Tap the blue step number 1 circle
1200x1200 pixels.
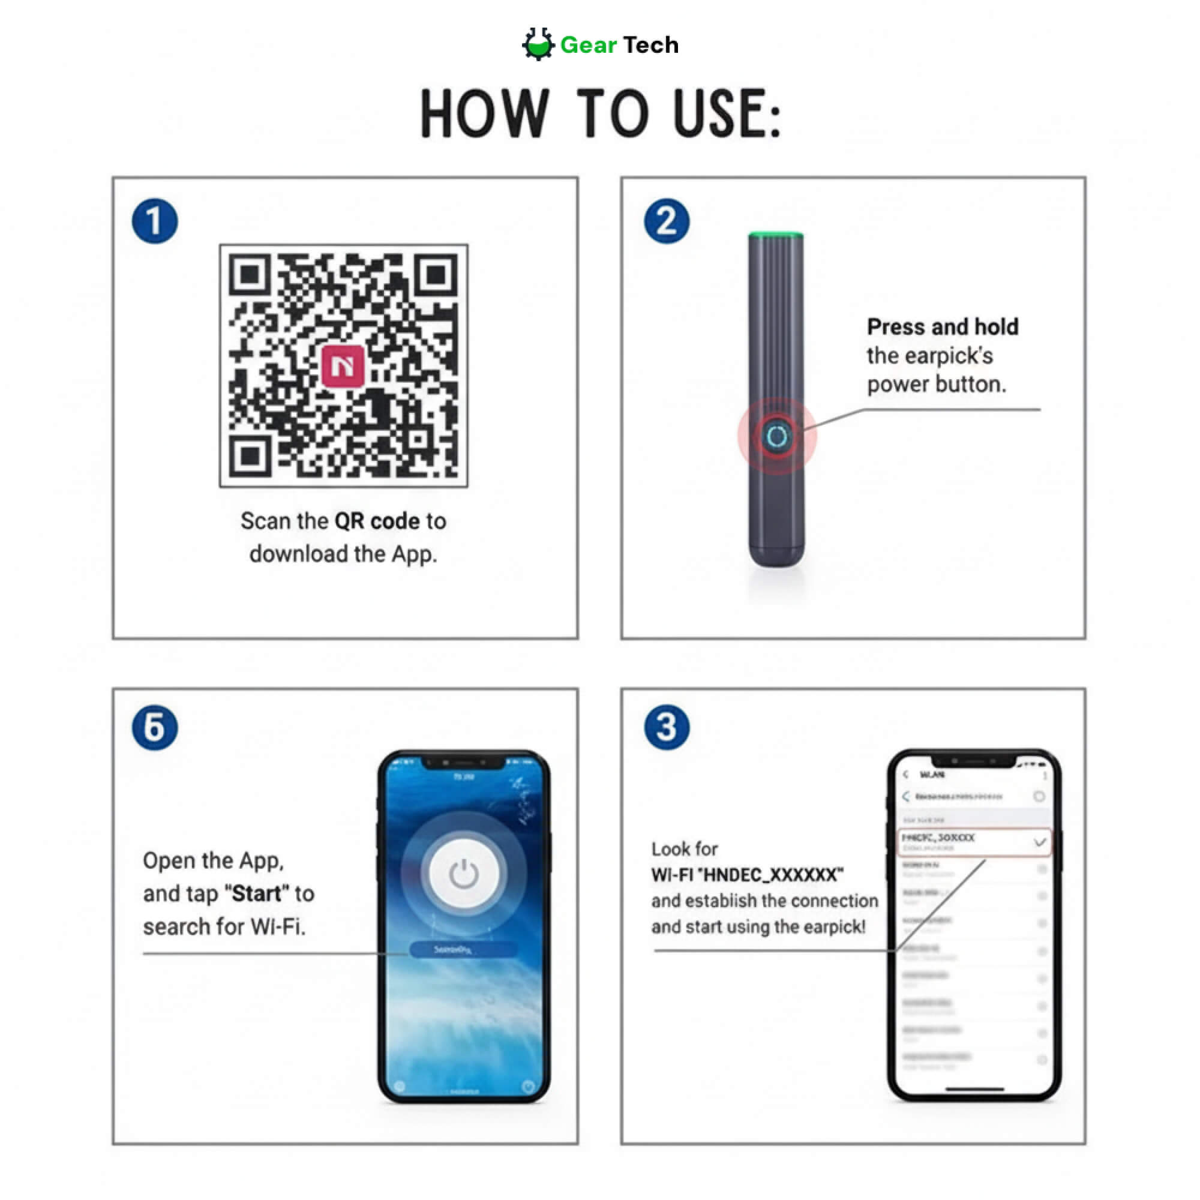point(155,221)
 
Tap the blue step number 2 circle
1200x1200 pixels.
point(667,221)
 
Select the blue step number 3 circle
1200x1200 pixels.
point(667,727)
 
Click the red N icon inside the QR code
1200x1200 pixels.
point(343,366)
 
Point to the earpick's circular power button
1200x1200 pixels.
point(776,437)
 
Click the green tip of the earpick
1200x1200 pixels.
point(776,235)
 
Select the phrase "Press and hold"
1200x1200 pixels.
point(942,327)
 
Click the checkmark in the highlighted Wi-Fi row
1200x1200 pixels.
point(1040,843)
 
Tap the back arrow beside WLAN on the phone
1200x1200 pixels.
point(905,775)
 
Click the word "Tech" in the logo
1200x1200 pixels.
point(650,45)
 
